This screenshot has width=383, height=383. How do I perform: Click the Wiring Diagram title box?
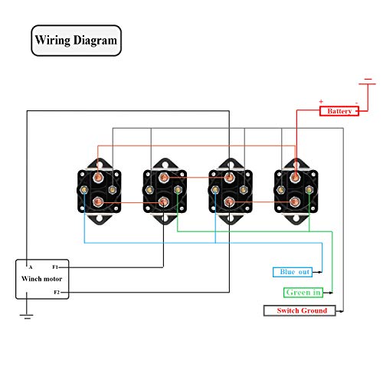click(76, 41)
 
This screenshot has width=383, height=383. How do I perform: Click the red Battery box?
click(339, 111)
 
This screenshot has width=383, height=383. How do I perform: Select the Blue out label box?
click(293, 272)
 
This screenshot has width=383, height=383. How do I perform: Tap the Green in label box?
click(303, 293)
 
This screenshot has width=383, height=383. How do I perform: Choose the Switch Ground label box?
click(300, 310)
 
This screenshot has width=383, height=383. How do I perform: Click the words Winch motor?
click(42, 279)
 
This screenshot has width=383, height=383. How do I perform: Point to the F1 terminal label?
click(55, 267)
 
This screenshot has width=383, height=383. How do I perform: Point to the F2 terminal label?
click(57, 292)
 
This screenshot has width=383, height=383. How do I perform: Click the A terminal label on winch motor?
click(31, 267)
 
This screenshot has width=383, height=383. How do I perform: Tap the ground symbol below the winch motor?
click(27, 316)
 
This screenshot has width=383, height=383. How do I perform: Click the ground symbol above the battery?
click(368, 82)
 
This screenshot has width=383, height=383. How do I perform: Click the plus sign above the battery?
click(321, 101)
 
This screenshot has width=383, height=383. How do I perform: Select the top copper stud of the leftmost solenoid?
click(98, 177)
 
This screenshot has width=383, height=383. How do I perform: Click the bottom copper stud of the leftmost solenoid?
click(98, 202)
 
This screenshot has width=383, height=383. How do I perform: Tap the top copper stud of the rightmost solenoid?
click(295, 177)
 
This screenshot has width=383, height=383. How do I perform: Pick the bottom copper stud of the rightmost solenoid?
click(295, 202)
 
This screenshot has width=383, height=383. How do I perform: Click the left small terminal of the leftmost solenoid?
click(84, 190)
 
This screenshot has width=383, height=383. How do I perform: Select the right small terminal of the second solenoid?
click(178, 190)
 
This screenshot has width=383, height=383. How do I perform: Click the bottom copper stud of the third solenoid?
click(229, 202)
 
